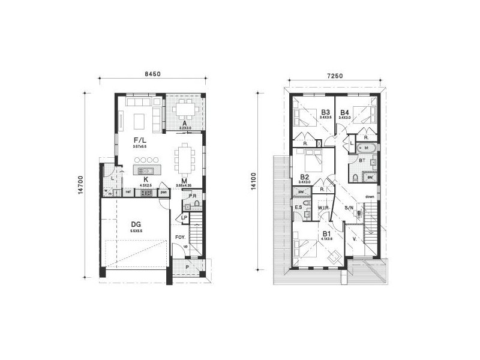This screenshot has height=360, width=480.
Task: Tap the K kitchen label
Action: (146, 179)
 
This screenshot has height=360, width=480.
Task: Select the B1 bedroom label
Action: (326, 233)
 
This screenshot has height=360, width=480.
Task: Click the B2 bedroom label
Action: (304, 176)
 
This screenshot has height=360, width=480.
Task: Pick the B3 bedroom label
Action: (326, 112)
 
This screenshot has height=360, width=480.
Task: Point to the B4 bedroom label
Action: (344, 112)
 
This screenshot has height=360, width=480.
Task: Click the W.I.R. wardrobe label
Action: (324, 208)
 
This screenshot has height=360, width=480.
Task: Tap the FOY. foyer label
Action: (179, 238)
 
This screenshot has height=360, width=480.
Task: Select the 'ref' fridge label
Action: (128, 192)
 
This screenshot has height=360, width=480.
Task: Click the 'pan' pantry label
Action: (163, 192)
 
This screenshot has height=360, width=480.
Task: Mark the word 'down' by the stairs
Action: (370, 196)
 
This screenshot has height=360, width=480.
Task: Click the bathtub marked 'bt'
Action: (366, 148)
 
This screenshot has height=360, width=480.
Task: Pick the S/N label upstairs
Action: (349, 208)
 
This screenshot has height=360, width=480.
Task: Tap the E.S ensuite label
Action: (298, 208)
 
